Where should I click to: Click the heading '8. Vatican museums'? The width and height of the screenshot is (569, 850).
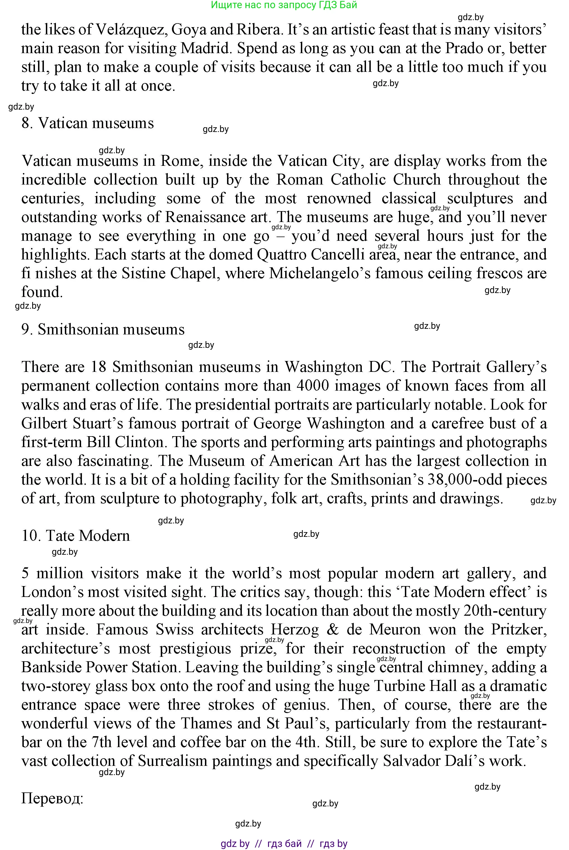point(88,123)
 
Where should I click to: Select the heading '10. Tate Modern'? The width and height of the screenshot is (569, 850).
point(75,536)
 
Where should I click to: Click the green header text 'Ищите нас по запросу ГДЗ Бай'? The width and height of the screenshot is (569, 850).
point(284,5)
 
